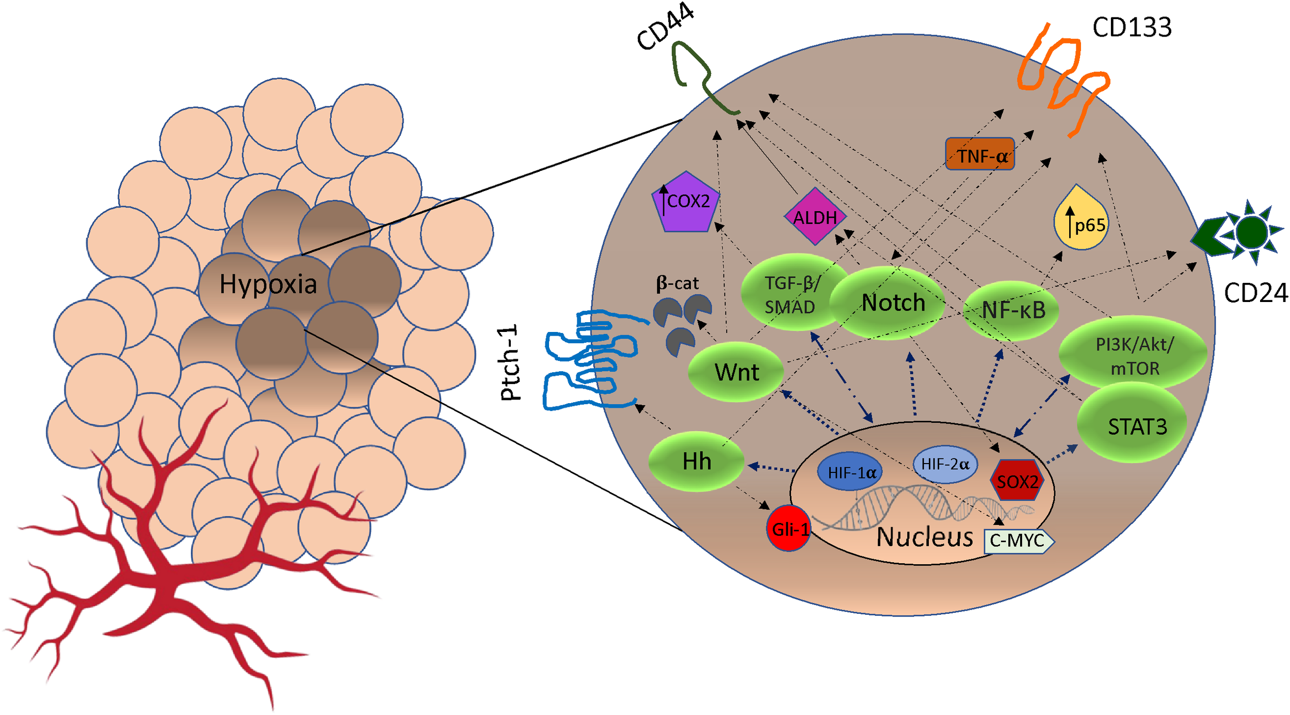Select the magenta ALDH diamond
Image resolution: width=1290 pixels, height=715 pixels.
click(815, 217)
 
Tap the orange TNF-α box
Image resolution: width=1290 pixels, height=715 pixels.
click(979, 154)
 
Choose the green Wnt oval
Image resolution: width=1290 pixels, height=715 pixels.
click(736, 372)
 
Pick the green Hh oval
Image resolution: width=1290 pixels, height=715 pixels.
click(696, 461)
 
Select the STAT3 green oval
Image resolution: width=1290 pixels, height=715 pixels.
click(1133, 425)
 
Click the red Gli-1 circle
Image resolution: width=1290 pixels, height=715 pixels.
click(788, 528)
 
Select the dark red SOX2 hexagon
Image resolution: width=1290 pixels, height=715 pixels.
click(1017, 481)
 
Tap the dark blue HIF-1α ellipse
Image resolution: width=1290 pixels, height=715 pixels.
click(850, 471)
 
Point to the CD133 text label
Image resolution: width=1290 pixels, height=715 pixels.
click(1131, 27)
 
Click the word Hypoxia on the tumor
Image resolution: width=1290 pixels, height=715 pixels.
click(268, 284)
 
